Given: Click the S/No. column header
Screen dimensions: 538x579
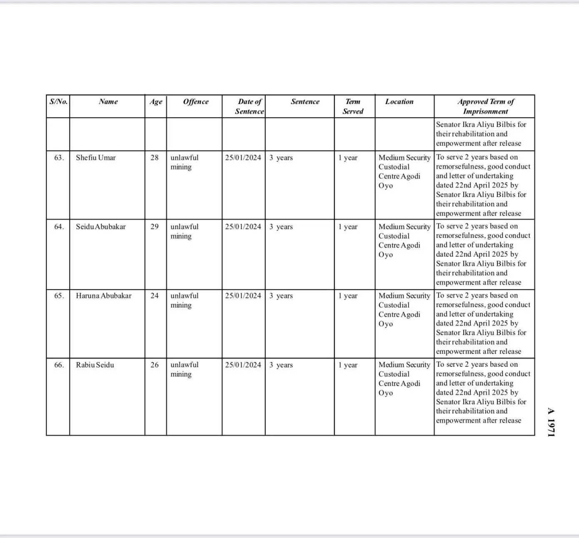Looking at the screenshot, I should pos(58,102).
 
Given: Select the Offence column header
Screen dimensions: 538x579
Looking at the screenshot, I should pos(196,102).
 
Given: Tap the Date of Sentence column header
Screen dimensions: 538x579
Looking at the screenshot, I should pos(249,106).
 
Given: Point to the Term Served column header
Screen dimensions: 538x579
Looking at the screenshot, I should pos(353,106).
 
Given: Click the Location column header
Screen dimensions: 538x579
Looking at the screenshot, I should pos(399,102).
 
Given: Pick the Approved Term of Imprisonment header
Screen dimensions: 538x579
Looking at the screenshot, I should pos(485,106).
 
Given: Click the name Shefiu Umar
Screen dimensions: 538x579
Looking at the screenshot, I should pos(95,158).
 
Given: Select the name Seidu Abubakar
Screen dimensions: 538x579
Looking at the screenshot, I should pos(100,227).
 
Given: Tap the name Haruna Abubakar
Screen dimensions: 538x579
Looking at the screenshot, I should pos(103,296).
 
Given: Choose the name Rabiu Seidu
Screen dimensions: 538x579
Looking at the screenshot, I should pos(95,365).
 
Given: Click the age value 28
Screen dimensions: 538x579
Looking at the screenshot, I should pos(155,158).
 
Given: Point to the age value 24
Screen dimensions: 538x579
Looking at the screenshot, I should pos(155,296).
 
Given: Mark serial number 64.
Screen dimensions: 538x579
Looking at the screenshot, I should pos(59,227).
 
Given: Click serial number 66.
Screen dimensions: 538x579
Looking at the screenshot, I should pos(59,365).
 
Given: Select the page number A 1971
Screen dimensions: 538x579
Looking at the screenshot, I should pos(551,422).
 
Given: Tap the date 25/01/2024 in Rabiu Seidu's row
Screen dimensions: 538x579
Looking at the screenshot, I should pos(243,365).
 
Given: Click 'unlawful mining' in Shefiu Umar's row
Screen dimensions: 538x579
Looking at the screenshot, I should pos(184,162).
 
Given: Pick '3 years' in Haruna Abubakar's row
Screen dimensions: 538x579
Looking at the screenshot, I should pos(281,296).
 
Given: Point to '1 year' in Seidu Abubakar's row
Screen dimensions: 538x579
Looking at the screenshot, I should pos(348,227).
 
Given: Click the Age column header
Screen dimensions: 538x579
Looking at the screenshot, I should pos(156,102).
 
